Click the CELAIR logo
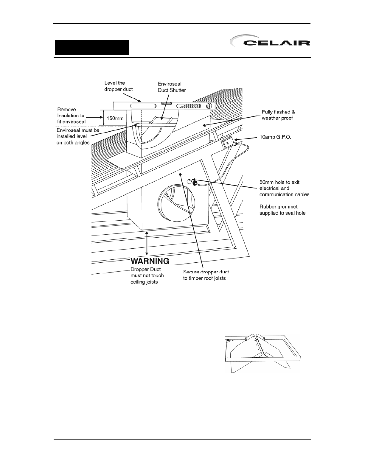270,42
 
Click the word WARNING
150,261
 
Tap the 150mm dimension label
115,118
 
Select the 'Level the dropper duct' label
118,86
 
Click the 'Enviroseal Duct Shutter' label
172,87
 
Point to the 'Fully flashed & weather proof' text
278,115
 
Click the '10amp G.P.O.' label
275,137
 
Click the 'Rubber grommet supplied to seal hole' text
282,210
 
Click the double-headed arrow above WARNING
147,243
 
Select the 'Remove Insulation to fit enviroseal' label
72,116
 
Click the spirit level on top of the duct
164,106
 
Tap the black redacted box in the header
92,47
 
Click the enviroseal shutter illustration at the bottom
262,353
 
